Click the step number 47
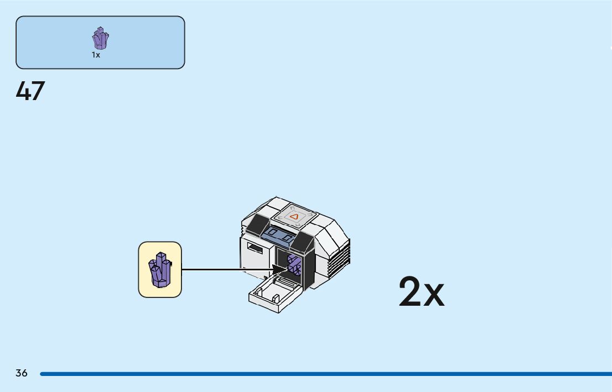coord(30,91)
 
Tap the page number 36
coord(22,373)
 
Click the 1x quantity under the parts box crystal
coord(96,55)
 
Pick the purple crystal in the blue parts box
coord(100,38)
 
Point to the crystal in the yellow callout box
coord(160,270)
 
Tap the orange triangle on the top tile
coord(294,216)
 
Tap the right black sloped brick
coord(303,242)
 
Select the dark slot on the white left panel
coord(255,248)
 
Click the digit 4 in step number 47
coord(23,91)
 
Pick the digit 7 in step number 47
coord(38,91)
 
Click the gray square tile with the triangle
coord(294,215)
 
